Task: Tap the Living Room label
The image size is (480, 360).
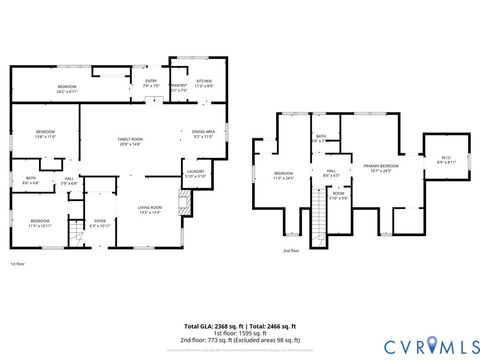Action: click(x=150, y=208)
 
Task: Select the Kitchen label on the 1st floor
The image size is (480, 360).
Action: click(x=204, y=83)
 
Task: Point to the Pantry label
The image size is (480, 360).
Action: click(x=180, y=89)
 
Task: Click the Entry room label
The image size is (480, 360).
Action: click(x=151, y=83)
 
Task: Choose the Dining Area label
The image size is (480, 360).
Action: click(x=204, y=134)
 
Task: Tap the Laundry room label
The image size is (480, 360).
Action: click(x=196, y=174)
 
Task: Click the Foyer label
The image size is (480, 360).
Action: click(x=100, y=223)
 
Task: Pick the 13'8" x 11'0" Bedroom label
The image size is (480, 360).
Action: click(x=46, y=135)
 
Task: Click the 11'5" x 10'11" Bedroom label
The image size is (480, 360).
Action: click(x=39, y=222)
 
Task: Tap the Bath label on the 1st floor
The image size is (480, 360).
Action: click(x=31, y=181)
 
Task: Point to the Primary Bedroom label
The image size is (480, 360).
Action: click(x=381, y=168)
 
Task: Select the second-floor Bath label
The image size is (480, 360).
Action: click(x=321, y=139)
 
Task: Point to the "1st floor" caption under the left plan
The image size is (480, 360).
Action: click(x=17, y=265)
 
